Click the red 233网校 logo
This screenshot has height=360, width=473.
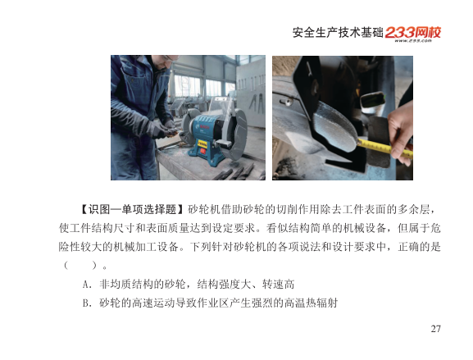[413, 32]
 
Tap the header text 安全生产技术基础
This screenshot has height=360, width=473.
[338, 33]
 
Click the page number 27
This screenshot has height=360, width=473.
[435, 329]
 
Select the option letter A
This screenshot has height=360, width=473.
[86, 285]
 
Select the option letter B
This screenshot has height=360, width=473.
[86, 303]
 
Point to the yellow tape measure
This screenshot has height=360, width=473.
[385, 148]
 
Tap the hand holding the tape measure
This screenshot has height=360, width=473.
[402, 133]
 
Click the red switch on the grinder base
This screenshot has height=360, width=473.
[202, 152]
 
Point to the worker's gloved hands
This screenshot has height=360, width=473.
[161, 129]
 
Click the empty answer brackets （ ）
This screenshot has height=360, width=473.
[81, 266]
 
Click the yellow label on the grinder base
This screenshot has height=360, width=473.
[202, 144]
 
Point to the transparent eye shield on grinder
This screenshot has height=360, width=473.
[221, 104]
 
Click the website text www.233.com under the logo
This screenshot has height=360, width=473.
[413, 41]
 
